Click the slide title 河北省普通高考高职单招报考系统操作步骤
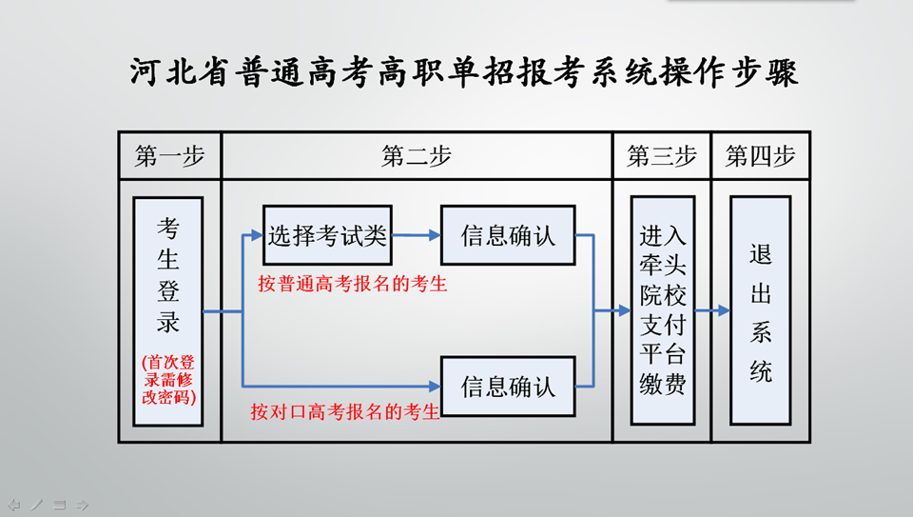click(463, 73)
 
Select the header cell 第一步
click(170, 155)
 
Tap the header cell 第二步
click(417, 155)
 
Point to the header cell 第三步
click(662, 155)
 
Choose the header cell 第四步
click(761, 155)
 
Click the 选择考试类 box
click(327, 235)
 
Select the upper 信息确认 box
click(508, 235)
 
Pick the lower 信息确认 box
click(508, 387)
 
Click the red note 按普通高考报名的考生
click(353, 284)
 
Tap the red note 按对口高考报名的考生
click(344, 411)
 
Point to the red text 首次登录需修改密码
click(169, 380)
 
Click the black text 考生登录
click(168, 275)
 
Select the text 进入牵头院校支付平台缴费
click(663, 310)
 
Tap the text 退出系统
click(761, 313)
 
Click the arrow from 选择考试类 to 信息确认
click(417, 235)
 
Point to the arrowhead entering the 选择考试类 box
click(257, 235)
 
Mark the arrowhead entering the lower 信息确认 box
click(435, 386)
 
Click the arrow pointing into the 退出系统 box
click(712, 310)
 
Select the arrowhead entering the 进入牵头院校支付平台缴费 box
click(625, 310)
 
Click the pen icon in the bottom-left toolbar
click(37, 505)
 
